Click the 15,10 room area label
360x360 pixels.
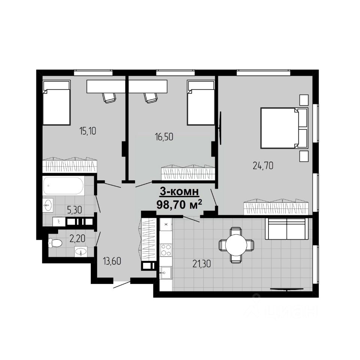coord(87,131)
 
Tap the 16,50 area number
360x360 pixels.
coord(164,137)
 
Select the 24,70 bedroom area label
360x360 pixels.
coord(263,165)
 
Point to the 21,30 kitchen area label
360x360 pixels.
coord(202,264)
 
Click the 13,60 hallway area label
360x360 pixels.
coord(112,261)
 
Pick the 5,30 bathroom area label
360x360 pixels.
coord(75,210)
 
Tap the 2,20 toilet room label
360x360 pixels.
coord(77,238)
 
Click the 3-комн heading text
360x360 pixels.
coord(179,192)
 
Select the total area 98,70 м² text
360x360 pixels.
coord(179,204)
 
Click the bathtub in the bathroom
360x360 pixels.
coord(64,186)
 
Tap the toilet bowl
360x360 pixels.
coord(55,243)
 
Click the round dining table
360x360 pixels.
coord(236,245)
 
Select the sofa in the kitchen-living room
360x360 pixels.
coord(286,229)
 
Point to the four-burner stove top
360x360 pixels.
coord(166,250)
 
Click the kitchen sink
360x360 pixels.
coord(166,273)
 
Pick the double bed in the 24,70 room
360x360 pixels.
coord(284,128)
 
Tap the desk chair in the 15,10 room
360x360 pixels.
coord(109,97)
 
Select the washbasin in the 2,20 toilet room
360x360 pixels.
coord(81,252)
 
